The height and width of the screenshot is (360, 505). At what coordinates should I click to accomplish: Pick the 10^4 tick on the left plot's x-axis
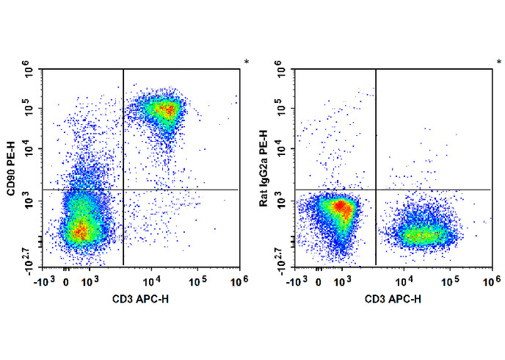(x=151, y=280)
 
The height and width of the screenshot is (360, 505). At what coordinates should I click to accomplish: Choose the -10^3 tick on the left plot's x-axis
(x=46, y=280)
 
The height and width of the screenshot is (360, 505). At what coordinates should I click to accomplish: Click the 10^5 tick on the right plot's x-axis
(x=446, y=280)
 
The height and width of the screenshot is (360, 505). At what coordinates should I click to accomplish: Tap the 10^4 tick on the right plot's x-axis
(x=404, y=280)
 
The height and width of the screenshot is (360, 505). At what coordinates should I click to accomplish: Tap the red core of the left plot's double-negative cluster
(x=81, y=232)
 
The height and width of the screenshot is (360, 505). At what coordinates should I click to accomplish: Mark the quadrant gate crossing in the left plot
(x=123, y=190)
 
